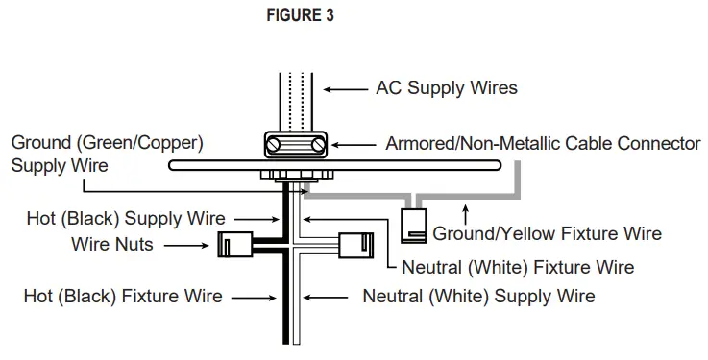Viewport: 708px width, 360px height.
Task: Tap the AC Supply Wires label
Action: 446,88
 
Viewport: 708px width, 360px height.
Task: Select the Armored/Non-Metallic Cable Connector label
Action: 543,145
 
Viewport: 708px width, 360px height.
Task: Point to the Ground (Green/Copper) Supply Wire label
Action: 107,154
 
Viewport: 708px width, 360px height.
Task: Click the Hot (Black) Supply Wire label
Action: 126,219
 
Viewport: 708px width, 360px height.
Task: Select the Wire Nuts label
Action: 111,245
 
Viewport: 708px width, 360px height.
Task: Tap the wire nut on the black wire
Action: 234,244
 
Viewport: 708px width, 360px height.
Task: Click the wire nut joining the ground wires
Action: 414,224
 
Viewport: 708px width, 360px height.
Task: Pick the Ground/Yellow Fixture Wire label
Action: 547,233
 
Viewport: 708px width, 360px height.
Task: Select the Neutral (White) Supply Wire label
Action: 478,296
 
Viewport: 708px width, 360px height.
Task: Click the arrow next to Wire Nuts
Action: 187,245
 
